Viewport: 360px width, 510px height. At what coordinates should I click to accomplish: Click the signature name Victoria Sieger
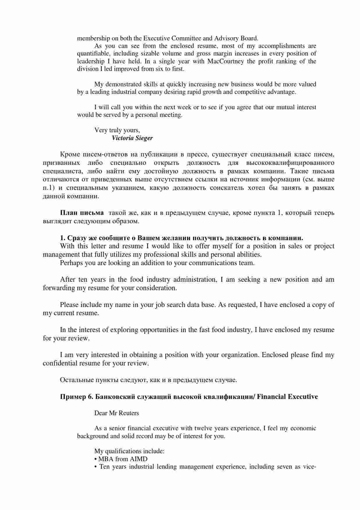click(132, 138)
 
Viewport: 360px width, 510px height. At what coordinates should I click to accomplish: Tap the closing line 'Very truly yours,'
click(117, 130)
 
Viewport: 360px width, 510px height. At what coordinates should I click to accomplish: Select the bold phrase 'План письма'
click(82, 213)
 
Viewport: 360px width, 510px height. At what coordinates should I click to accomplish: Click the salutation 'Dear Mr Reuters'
click(117, 413)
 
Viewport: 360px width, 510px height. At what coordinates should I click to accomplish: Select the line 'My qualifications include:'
click(129, 451)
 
